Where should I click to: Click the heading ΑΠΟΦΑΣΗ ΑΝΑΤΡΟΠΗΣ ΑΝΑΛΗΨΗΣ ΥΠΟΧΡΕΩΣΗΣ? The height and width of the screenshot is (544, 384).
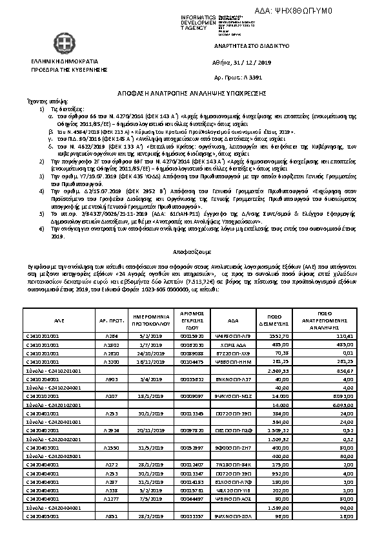192,93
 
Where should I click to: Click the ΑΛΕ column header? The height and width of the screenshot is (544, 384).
59,320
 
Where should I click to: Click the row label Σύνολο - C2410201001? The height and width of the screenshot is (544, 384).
53,371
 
